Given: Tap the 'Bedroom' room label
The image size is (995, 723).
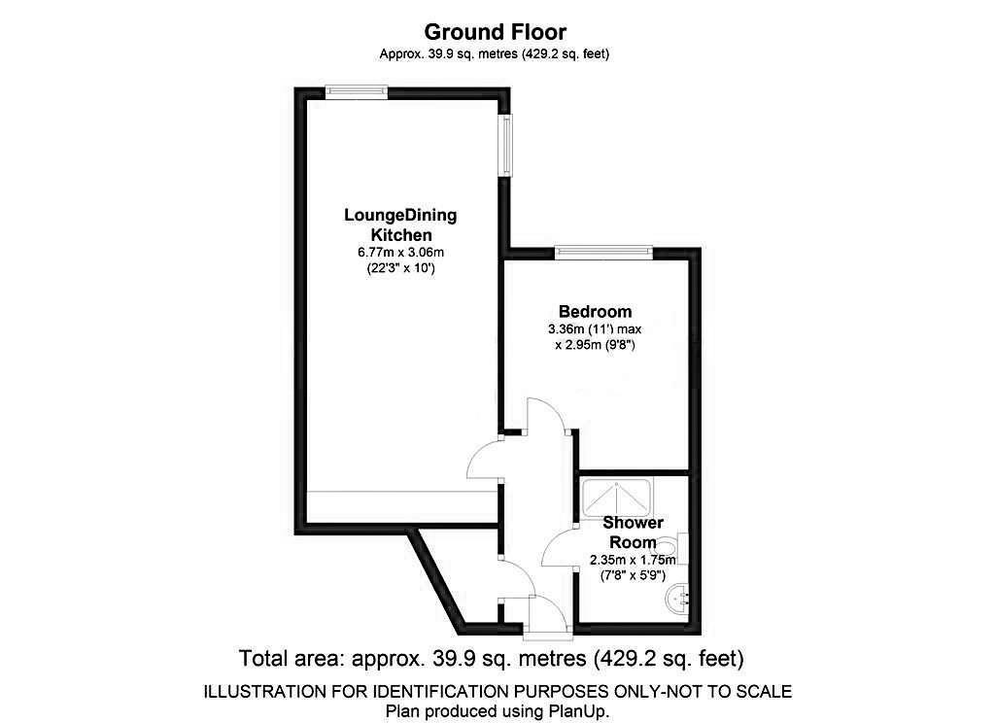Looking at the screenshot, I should pyautogui.click(x=595, y=311).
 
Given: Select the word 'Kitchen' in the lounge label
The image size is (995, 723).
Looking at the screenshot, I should pyautogui.click(x=400, y=235).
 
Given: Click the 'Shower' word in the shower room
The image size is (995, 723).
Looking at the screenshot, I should pyautogui.click(x=635, y=523).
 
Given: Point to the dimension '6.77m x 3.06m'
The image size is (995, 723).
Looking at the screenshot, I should pyautogui.click(x=400, y=253).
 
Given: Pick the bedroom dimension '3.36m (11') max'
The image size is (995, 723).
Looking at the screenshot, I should pyautogui.click(x=595, y=329).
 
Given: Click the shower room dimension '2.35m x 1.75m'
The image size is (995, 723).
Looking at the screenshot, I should pyautogui.click(x=634, y=560).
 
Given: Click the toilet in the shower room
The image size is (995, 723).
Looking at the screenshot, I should pyautogui.click(x=679, y=548).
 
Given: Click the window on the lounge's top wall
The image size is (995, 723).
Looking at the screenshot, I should pyautogui.click(x=357, y=91).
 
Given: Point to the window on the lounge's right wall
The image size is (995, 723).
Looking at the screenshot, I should pyautogui.click(x=506, y=146).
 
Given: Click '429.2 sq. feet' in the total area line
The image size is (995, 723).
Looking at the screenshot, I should pyautogui.click(x=669, y=658).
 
